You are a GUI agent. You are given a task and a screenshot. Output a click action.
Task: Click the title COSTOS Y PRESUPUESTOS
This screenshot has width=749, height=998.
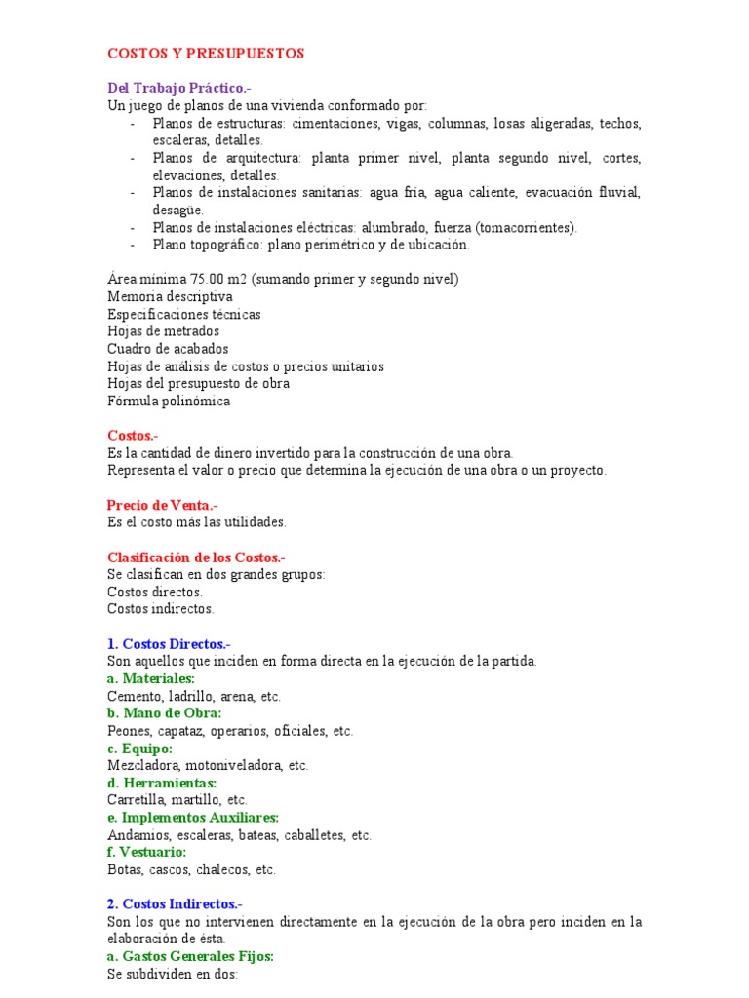[205, 53]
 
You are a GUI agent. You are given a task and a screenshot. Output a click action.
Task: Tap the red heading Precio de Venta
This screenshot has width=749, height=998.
[162, 505]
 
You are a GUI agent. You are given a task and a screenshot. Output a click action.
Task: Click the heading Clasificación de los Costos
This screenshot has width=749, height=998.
[196, 557]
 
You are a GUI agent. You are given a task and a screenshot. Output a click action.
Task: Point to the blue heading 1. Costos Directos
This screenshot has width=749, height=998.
[169, 644]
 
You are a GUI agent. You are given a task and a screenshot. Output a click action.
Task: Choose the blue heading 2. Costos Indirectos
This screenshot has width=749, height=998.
[175, 904]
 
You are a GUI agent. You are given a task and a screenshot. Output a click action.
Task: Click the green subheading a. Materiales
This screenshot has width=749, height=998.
[151, 678]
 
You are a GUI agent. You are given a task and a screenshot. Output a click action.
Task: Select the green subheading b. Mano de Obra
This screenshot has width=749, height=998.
[165, 713]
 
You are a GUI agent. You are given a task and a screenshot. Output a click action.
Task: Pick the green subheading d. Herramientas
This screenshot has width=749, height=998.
[162, 783]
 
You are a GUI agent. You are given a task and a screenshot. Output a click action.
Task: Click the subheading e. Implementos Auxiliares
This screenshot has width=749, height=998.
[193, 818]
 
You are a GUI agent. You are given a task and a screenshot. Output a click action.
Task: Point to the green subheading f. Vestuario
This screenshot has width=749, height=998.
[146, 852]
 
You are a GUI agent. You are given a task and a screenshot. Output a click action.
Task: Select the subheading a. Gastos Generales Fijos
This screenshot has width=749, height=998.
[190, 956]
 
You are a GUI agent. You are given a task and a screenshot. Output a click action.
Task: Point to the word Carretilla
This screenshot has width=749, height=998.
[136, 800]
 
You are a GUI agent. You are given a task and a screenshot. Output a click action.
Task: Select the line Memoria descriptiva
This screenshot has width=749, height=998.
[170, 297]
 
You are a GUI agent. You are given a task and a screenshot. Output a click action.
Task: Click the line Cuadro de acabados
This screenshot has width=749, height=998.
[168, 349]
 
